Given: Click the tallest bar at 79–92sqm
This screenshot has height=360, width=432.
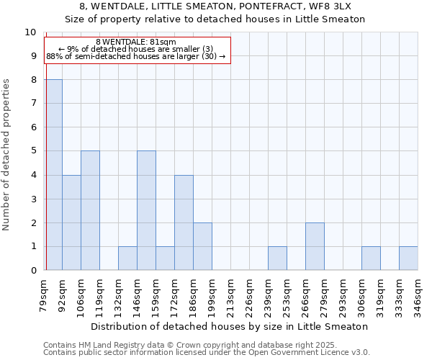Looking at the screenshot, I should [53, 175].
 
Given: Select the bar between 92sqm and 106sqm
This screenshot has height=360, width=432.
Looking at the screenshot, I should [71, 222].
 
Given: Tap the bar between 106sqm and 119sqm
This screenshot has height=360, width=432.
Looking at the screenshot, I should [90, 210].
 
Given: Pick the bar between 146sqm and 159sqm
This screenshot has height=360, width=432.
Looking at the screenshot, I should [146, 210].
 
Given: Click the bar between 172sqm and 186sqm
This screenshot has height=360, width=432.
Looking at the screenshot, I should [184, 222].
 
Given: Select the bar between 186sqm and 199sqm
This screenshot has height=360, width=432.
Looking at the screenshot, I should [202, 246].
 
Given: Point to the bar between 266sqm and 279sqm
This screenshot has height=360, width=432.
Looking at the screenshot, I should [315, 246].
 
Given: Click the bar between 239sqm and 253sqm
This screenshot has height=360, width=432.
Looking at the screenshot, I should [277, 258].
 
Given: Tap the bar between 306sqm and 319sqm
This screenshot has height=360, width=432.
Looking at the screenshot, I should [371, 258].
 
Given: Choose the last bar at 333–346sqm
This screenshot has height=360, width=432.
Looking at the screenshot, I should [408, 258].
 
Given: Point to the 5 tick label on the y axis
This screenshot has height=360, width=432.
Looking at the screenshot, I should [32, 151].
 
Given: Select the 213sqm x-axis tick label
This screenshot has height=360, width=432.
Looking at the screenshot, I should [230, 294].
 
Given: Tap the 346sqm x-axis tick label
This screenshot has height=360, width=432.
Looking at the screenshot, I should [418, 294].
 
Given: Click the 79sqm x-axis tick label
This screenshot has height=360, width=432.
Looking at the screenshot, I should [44, 294].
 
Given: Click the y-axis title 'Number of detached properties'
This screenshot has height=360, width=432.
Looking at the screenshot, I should [7, 155].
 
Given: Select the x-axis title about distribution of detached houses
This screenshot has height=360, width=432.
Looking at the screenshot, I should [231, 326].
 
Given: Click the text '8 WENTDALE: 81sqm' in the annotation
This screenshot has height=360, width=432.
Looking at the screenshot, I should [136, 42].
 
